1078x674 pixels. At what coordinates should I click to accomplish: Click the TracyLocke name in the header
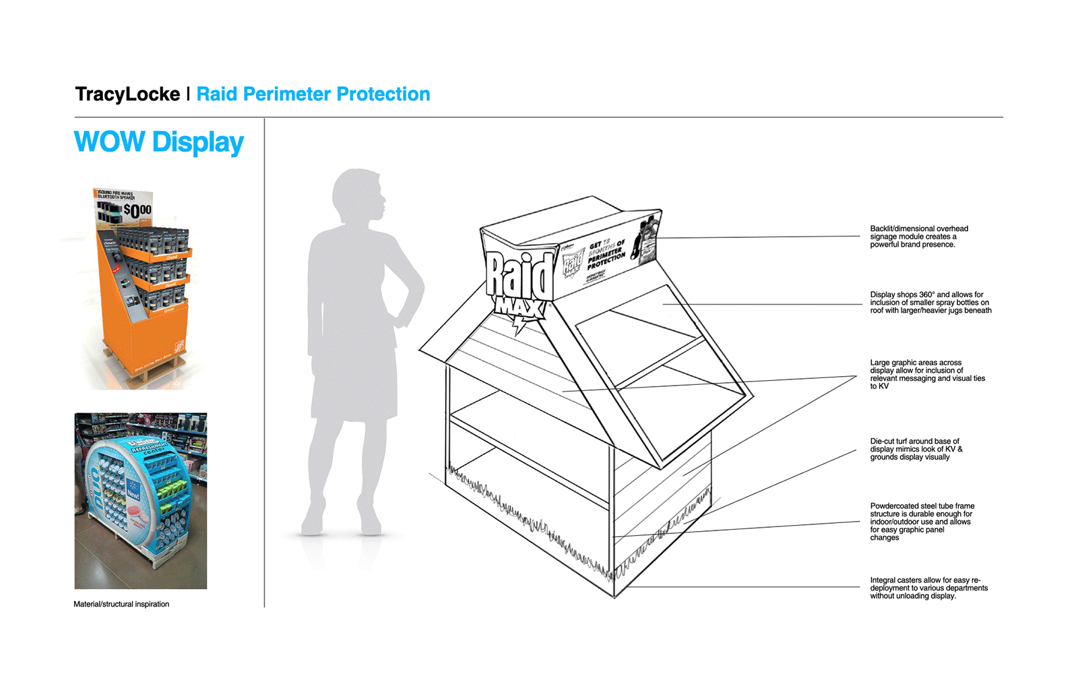[x=127, y=94]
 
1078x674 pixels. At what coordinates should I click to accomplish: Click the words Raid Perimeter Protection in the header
[x=313, y=94]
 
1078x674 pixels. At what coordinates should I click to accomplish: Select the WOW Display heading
[x=159, y=142]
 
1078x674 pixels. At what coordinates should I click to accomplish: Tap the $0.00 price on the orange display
[x=137, y=212]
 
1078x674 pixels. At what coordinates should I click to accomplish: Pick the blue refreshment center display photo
[x=140, y=501]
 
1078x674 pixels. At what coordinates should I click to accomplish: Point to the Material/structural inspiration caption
[x=121, y=605]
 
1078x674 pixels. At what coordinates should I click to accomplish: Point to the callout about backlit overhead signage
[x=918, y=237]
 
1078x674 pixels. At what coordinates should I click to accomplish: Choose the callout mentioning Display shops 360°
[x=930, y=303]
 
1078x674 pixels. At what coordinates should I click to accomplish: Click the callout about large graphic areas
[x=926, y=374]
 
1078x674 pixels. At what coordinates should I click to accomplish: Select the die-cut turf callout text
[x=916, y=450]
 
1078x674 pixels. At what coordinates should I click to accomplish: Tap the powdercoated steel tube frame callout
[x=922, y=522]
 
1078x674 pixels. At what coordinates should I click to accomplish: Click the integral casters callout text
[x=928, y=588]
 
